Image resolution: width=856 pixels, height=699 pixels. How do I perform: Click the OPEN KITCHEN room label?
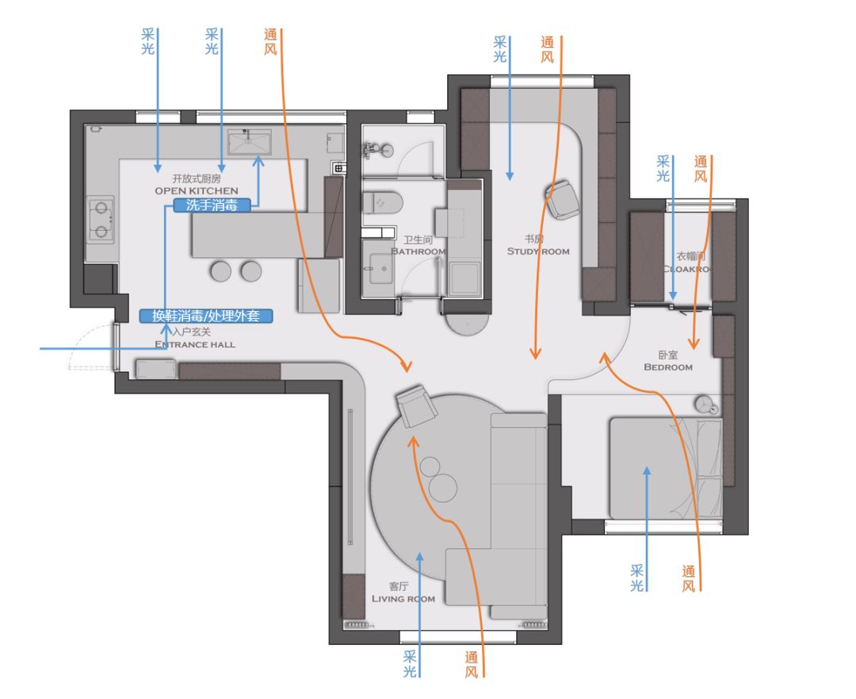coord(197,190)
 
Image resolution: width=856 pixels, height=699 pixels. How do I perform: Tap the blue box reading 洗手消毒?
coord(212,205)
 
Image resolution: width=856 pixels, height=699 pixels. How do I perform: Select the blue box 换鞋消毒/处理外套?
coord(206,316)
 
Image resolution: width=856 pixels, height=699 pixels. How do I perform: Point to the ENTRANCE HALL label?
coord(195,344)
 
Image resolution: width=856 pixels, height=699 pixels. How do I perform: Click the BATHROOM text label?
coord(418,252)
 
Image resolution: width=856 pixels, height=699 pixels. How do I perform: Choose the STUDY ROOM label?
coord(538,252)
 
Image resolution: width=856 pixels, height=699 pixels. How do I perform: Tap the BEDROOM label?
coord(668,367)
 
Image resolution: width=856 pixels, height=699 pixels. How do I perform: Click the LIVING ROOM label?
coord(403,598)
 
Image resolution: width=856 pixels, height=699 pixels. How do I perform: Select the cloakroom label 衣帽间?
coord(690,255)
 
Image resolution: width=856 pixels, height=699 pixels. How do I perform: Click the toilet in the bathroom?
coord(383,203)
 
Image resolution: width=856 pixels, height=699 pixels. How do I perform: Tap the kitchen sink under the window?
coord(250,142)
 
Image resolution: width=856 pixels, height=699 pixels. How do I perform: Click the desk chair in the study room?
coord(563,199)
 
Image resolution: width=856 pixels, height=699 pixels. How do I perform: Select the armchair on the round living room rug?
coord(417,405)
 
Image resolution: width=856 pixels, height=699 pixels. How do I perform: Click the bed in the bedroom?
coord(666,468)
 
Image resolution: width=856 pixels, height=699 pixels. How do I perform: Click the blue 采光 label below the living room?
coord(410,663)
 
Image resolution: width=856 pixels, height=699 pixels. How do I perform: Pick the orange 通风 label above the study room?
coord(547,49)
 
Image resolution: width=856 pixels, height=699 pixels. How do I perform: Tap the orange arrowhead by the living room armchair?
coord(413,442)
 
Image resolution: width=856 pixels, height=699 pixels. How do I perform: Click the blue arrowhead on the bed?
coord(647,471)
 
